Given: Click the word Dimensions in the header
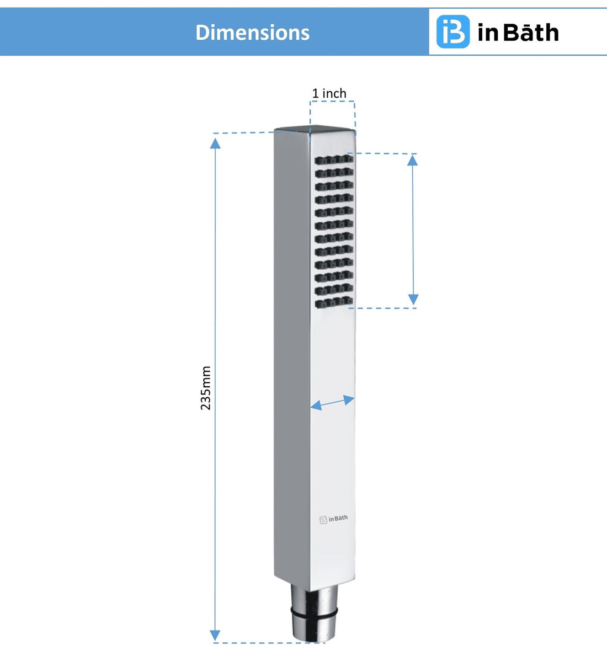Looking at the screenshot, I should tap(252, 33).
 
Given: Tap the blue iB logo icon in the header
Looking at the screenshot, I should tap(452, 32).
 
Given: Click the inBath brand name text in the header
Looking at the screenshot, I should tap(518, 33).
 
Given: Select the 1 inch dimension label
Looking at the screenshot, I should tap(329, 93).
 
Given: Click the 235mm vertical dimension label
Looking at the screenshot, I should tap(206, 387).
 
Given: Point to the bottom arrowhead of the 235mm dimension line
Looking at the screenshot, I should tap(215, 635).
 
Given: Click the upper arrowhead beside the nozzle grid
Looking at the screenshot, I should tap(413, 160).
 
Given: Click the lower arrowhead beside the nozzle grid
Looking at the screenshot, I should tap(413, 300).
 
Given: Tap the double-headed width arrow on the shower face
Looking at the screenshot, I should tap(332, 403).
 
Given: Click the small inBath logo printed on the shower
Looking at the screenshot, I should tap(334, 519).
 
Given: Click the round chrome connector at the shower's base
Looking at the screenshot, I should tap(313, 615).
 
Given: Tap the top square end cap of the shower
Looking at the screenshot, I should tap(315, 130).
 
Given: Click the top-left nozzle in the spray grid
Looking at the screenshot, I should tap(320, 160).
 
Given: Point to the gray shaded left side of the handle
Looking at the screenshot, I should tap(291, 359).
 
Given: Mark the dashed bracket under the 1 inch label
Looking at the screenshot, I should tap(332, 103).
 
